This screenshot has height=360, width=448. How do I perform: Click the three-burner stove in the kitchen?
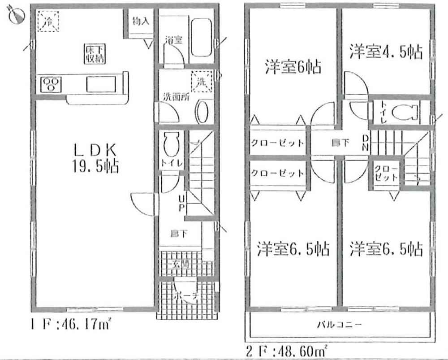click(x=51, y=84)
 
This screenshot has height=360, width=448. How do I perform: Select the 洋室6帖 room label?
click(x=292, y=67)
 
